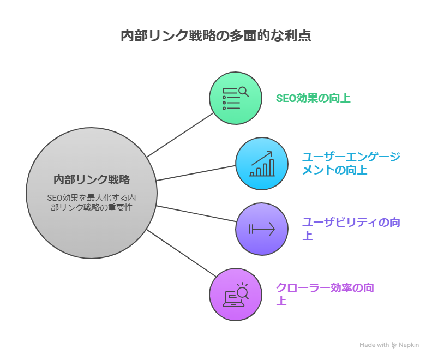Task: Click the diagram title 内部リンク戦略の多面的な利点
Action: (216, 37)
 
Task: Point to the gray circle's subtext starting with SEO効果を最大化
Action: (91, 202)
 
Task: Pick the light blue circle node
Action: (261, 164)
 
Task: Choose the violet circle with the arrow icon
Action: (261, 229)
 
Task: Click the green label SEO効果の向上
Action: (313, 99)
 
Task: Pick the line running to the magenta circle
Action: (180, 253)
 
